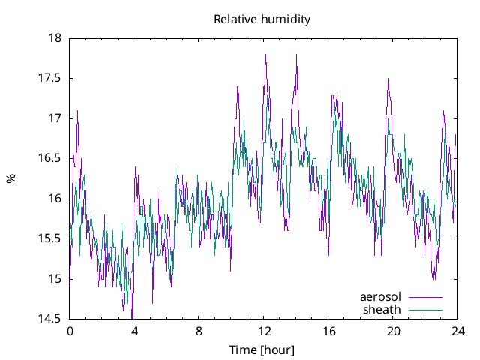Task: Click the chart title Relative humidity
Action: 262,19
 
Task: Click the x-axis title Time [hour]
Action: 262,349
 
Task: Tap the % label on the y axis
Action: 10,178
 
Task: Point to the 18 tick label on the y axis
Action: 54,37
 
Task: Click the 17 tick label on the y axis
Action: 54,118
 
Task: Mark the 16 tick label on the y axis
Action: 54,199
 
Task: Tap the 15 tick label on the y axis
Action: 54,279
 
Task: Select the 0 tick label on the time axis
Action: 70,331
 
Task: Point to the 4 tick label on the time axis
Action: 134,331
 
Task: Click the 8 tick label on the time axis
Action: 199,331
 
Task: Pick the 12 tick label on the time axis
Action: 264,331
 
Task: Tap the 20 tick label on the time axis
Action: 393,331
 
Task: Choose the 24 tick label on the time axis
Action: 457,331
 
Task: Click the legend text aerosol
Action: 381,297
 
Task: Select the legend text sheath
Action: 382,309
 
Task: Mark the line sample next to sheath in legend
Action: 425,309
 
